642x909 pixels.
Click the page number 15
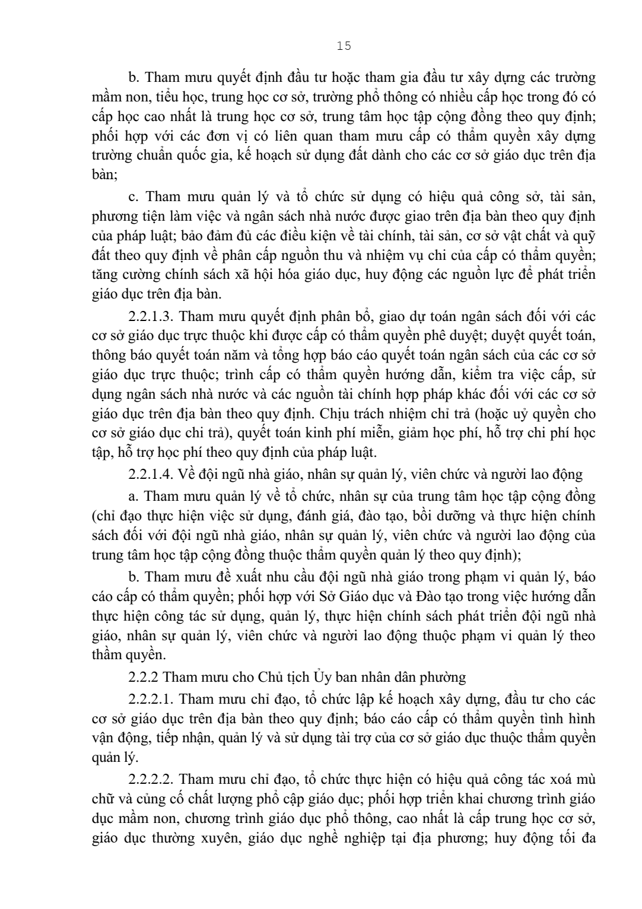[344, 46]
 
